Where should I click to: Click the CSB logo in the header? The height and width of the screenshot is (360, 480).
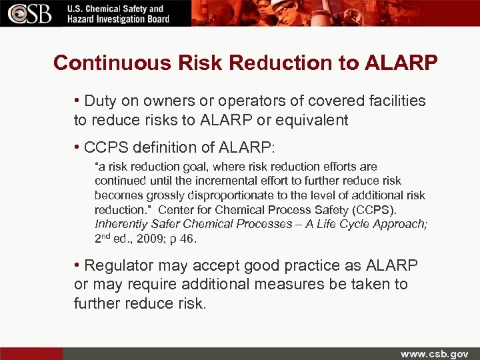click(x=31, y=13)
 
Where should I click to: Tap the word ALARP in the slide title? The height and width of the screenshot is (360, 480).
click(x=400, y=63)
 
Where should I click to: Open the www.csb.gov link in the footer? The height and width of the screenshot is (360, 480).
click(x=434, y=353)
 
